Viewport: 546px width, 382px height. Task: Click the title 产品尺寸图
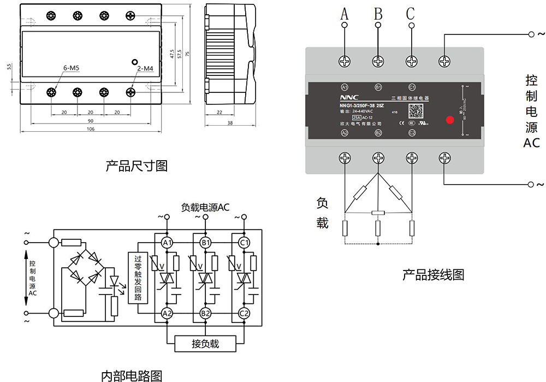[x=136, y=166]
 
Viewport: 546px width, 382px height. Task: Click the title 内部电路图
[x=132, y=375]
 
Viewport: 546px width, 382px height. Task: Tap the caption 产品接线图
[x=433, y=274]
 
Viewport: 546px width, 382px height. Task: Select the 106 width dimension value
[x=91, y=129]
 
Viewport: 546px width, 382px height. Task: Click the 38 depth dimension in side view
[x=230, y=124]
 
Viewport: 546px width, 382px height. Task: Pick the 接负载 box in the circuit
[x=205, y=344]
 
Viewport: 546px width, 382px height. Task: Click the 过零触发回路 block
[x=138, y=278]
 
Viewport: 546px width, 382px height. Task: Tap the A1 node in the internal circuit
[x=167, y=243]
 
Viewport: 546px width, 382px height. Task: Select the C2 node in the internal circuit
[x=244, y=314]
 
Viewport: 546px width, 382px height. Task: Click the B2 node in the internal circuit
[x=205, y=314]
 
